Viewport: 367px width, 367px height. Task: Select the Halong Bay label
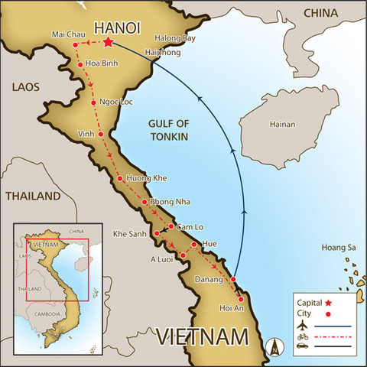tap(175, 38)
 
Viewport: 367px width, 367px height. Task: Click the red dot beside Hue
tap(194, 245)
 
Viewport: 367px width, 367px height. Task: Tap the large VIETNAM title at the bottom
tap(203, 336)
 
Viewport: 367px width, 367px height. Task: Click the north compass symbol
tap(274, 346)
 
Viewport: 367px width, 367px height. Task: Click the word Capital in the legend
tap(308, 304)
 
